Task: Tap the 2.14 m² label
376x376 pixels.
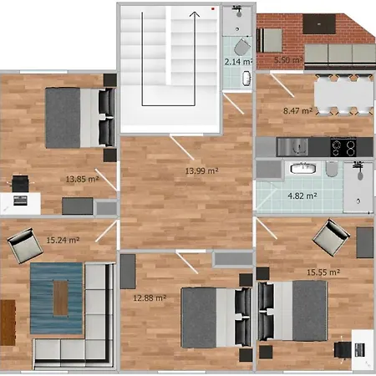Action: click(238, 62)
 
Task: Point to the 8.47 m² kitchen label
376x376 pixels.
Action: click(297, 109)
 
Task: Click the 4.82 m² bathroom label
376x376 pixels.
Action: click(302, 196)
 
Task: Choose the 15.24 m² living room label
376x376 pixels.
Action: click(63, 240)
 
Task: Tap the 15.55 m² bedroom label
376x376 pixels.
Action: click(323, 272)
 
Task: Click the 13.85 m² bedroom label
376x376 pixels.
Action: click(82, 178)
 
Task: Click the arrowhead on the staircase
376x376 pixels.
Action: click(194, 13)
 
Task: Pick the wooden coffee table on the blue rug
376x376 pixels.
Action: click(61, 293)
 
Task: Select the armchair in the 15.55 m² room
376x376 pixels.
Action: click(332, 237)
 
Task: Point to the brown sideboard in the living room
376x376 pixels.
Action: click(8, 322)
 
